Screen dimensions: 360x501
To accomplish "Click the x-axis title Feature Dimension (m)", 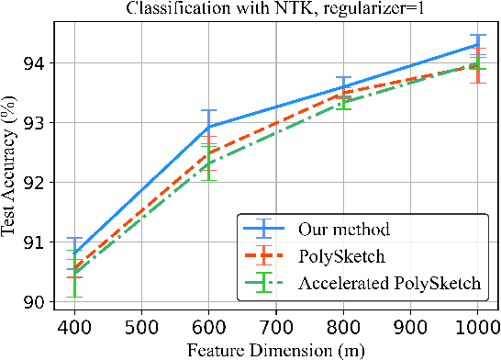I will [x=262, y=349].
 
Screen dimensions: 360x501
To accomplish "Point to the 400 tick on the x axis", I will [x=74, y=327].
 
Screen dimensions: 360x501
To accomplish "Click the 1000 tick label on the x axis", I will [x=478, y=327].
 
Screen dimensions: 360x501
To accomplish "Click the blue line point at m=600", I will [x=209, y=127].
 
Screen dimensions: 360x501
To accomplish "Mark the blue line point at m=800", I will [x=344, y=86].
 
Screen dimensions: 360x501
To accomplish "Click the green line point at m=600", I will [x=209, y=163].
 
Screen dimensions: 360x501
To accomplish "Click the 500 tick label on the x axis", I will [x=141, y=327].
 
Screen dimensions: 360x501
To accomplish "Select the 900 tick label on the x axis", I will [x=411, y=327].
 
